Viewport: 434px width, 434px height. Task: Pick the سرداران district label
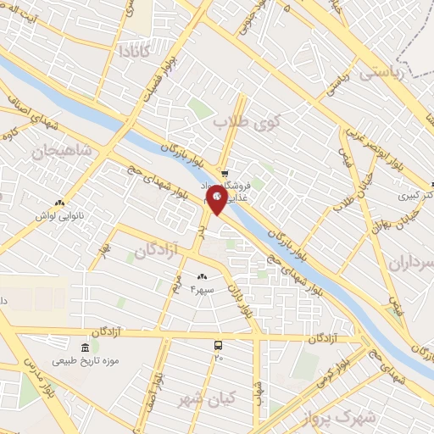410,263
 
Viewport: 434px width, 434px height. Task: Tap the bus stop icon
219,345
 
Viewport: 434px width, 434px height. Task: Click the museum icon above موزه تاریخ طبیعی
84,348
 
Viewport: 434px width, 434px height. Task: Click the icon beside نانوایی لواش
59,203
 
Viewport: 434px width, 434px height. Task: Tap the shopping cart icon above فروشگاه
222,174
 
